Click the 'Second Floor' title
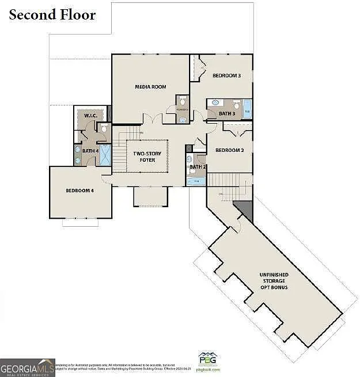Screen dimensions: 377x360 pyautogui.click(x=52, y=14)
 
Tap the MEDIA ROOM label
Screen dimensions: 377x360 pyautogui.click(x=150, y=87)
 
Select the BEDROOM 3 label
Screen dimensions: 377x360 pyautogui.click(x=226, y=75)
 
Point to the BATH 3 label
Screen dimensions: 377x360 pyautogui.click(x=227, y=114)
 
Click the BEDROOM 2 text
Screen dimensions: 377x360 pyautogui.click(x=230, y=150)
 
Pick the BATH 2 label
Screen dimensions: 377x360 pyautogui.click(x=197, y=167)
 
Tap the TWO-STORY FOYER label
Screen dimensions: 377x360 pyautogui.click(x=147, y=157)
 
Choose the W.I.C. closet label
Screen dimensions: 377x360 pyautogui.click(x=90, y=116)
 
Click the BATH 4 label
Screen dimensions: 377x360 pyautogui.click(x=90, y=151)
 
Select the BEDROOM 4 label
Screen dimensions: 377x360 pyautogui.click(x=79, y=191)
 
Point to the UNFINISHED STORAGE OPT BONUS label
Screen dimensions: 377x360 pyautogui.click(x=272, y=281)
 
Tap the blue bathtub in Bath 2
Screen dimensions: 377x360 pyautogui.click(x=196, y=181)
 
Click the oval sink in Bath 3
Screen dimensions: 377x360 pyautogui.click(x=214, y=103)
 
